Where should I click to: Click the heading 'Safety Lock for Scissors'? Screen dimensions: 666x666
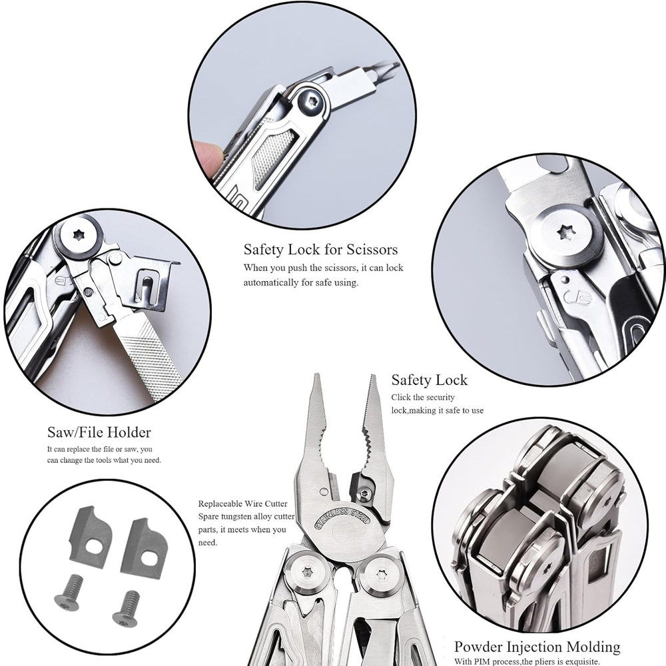pos(320,250)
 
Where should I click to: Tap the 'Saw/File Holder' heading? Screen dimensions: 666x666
pos(99,432)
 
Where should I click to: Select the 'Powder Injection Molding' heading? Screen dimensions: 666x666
pos(537,646)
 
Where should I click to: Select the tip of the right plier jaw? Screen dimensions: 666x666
pos(373,378)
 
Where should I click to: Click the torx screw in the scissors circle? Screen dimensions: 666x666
pos(310,101)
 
